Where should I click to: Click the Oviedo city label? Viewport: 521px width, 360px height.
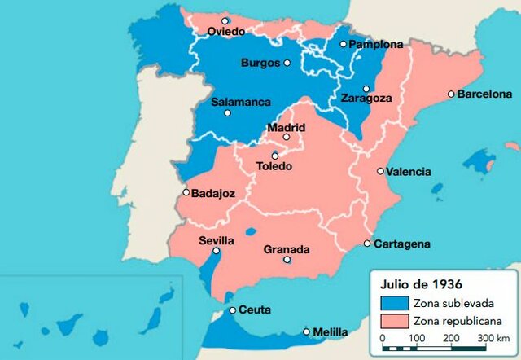[x=225, y=32]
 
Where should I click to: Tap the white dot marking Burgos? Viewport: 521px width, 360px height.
[x=287, y=63]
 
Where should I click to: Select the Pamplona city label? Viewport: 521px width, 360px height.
[x=376, y=44]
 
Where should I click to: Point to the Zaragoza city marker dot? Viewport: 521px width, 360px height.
[x=366, y=89]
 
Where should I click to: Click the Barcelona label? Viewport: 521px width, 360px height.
[x=485, y=94]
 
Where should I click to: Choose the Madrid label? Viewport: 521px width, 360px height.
[x=287, y=128]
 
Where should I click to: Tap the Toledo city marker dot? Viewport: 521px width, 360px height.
[x=275, y=156]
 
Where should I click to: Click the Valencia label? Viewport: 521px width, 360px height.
[x=409, y=172]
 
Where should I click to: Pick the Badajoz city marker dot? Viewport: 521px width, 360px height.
[x=186, y=193]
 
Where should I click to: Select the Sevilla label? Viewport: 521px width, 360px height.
[x=217, y=241]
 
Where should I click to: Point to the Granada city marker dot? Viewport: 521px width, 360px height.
[x=287, y=261]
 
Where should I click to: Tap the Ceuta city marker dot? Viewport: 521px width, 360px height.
[x=233, y=310]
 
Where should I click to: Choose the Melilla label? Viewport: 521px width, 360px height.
[x=330, y=332]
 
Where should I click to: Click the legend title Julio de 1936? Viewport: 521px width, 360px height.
[x=421, y=284]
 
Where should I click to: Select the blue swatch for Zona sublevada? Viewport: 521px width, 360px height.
[x=393, y=303]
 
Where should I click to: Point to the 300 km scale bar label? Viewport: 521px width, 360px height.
[x=493, y=337]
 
